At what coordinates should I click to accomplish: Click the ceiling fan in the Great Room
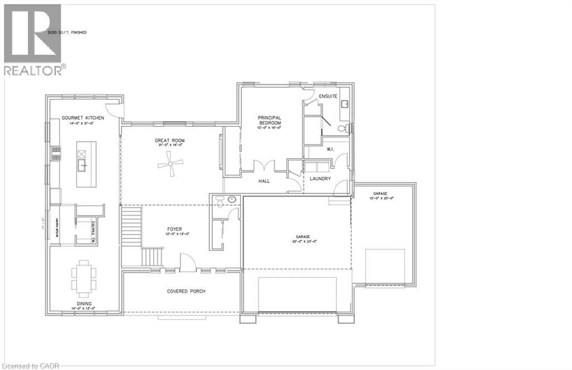(170, 164)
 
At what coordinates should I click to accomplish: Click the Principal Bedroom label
(269, 120)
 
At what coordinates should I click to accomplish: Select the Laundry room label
(320, 179)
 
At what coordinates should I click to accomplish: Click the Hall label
(264, 182)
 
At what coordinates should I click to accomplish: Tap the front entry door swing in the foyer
(187, 262)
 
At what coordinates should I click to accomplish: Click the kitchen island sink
(82, 164)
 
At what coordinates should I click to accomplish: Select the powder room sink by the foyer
(231, 199)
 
